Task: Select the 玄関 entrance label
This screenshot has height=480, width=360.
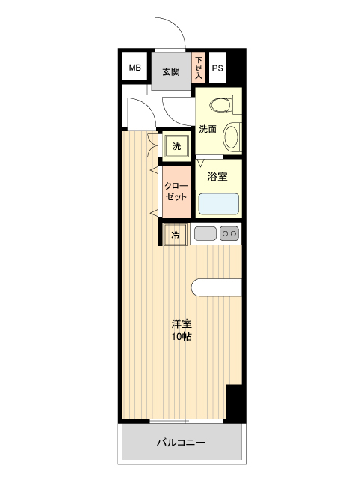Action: pos(171,72)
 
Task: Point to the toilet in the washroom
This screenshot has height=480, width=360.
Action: pos(222,103)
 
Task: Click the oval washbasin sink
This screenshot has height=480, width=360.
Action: pos(232,136)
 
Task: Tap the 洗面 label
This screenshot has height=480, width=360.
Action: pos(208,129)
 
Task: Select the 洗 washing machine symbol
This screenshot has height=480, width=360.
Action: pos(176,146)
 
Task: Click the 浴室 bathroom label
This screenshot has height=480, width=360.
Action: pos(217,178)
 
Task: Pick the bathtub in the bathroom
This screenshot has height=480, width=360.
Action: pos(218,204)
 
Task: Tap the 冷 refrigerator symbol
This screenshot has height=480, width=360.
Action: pos(175,235)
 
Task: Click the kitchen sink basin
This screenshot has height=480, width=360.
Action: pos(205,234)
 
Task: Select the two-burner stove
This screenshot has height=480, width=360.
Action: pos(229,234)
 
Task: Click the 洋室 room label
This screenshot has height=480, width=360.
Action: pos(181,324)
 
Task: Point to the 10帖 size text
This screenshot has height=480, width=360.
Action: pos(181,337)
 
